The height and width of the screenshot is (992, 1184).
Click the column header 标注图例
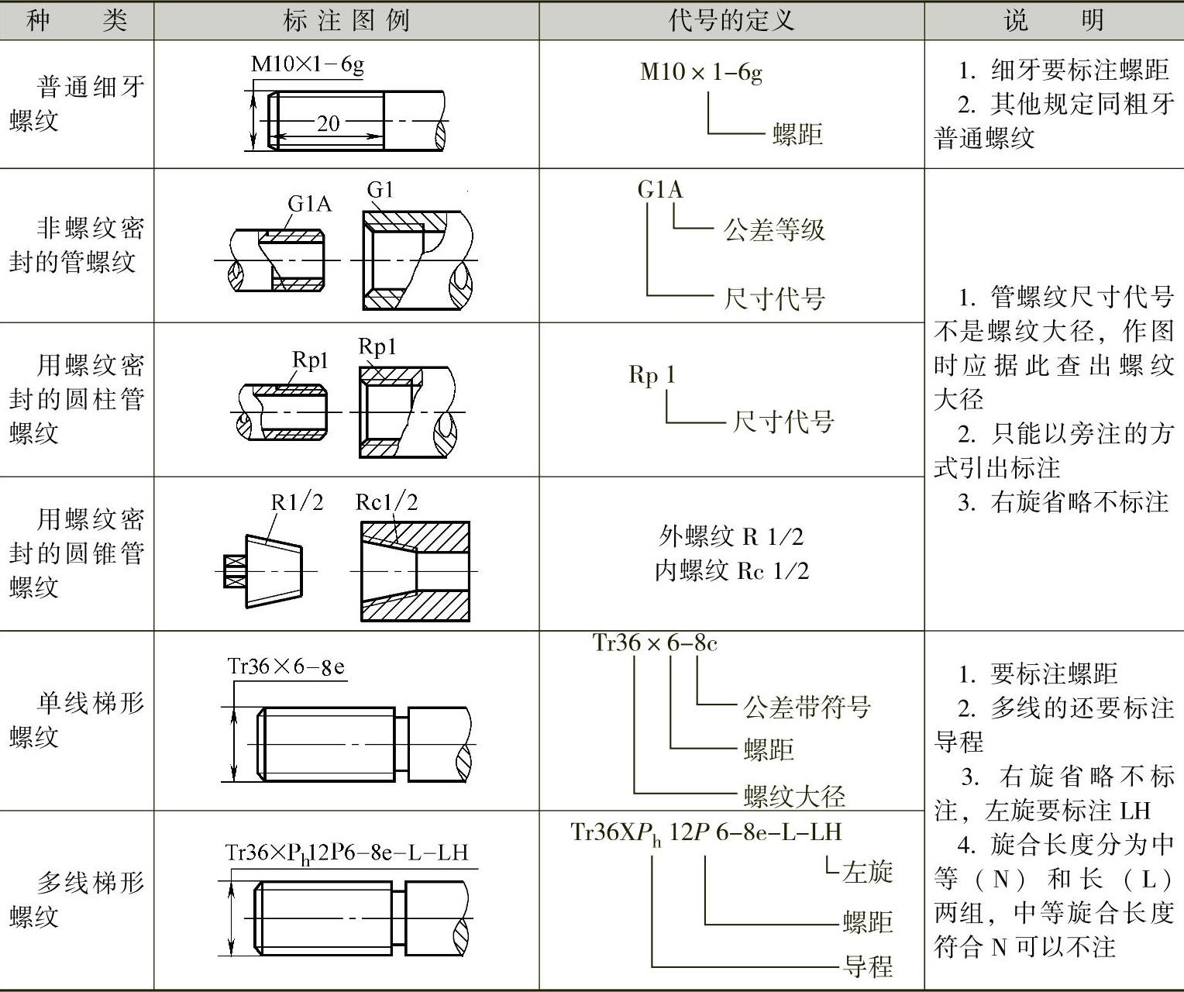pyautogui.click(x=346, y=20)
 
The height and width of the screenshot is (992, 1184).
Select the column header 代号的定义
pyautogui.click(x=731, y=20)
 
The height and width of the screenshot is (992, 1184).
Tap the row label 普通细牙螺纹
pyautogui.click(x=77, y=103)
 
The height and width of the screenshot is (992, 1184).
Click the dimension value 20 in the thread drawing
pyautogui.click(x=328, y=123)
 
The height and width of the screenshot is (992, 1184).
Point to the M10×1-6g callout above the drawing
pyautogui.click(x=307, y=64)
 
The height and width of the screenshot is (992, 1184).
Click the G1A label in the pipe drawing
pyautogui.click(x=309, y=204)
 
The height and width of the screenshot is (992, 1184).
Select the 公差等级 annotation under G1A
pyautogui.click(x=774, y=230)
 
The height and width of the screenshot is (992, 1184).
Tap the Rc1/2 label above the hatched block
pyautogui.click(x=386, y=502)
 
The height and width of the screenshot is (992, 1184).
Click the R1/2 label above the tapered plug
pyautogui.click(x=296, y=502)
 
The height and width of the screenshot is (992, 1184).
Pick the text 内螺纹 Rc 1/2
pyautogui.click(x=731, y=571)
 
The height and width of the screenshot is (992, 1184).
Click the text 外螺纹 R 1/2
pyautogui.click(x=731, y=536)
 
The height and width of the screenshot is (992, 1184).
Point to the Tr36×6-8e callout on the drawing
pyautogui.click(x=286, y=666)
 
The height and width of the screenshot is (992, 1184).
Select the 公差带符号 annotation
pyautogui.click(x=807, y=707)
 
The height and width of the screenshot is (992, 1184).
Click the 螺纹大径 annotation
pyautogui.click(x=794, y=796)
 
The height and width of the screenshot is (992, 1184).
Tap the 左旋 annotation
pyautogui.click(x=868, y=872)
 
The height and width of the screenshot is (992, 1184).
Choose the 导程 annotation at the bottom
pyautogui.click(x=868, y=966)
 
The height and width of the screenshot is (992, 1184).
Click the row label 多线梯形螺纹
pyautogui.click(x=77, y=899)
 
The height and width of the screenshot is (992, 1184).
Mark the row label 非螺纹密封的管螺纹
pyautogui.click(x=77, y=245)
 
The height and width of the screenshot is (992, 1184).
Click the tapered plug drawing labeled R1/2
pyautogui.click(x=273, y=570)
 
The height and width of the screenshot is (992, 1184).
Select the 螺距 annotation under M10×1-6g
pyautogui.click(x=797, y=135)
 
